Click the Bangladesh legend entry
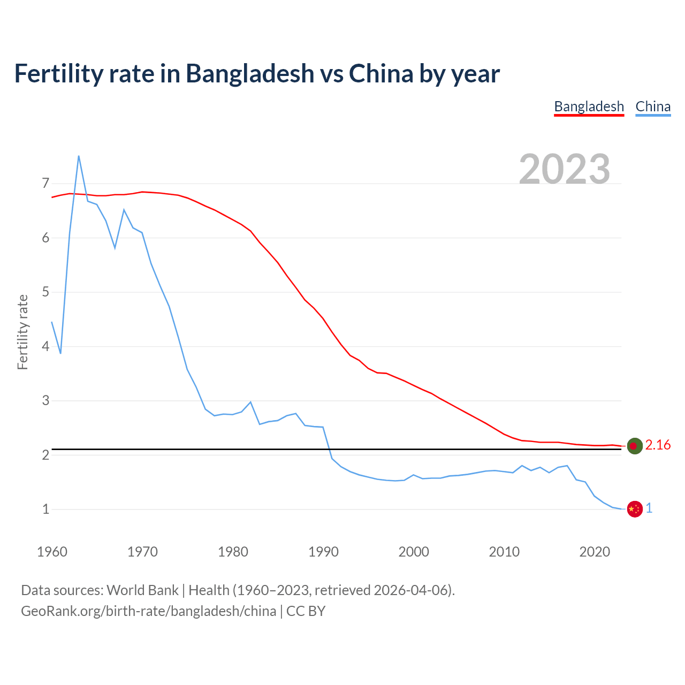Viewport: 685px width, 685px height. point(589,106)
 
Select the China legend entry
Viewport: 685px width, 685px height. point(653,106)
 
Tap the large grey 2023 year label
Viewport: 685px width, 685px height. point(565,169)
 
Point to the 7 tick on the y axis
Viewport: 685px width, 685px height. point(45,184)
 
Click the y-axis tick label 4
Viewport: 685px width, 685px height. point(45,346)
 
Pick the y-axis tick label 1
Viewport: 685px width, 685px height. point(45,509)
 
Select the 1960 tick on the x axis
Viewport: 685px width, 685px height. point(52,552)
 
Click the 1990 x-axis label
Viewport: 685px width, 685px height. point(323,552)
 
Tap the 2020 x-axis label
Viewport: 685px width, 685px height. point(595,552)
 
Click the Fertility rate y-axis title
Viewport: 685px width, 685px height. point(22,332)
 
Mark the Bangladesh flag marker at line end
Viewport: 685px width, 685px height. point(634,446)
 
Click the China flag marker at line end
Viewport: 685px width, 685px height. point(634,509)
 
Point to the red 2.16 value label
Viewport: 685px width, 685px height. point(658,445)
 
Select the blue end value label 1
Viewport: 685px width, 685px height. point(649,508)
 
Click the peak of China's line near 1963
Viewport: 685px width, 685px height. point(79,156)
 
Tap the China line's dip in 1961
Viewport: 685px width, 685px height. point(60,353)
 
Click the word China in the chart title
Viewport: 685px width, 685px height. point(380,73)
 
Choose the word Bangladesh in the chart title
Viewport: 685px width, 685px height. point(250,73)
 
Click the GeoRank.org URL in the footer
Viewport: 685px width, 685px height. point(148,611)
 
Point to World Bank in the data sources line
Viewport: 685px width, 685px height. point(142,590)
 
